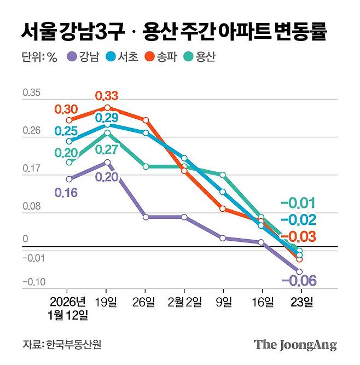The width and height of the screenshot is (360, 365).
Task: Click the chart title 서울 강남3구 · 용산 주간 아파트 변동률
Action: (174, 31)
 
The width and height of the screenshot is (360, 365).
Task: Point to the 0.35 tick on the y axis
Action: (31, 94)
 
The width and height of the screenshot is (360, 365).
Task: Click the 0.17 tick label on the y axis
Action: (31, 170)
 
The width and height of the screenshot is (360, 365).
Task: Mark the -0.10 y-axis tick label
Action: (32, 282)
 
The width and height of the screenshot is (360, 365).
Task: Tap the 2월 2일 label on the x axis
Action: (184, 302)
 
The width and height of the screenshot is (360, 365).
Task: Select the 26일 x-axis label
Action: (145, 302)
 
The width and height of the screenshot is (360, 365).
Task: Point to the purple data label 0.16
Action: (66, 192)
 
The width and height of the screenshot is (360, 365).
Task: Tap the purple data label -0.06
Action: (299, 281)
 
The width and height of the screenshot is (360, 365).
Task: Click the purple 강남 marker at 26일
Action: (146, 217)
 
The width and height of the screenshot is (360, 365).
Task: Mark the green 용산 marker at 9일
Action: (223, 175)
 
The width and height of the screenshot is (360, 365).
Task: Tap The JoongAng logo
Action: (295, 345)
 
